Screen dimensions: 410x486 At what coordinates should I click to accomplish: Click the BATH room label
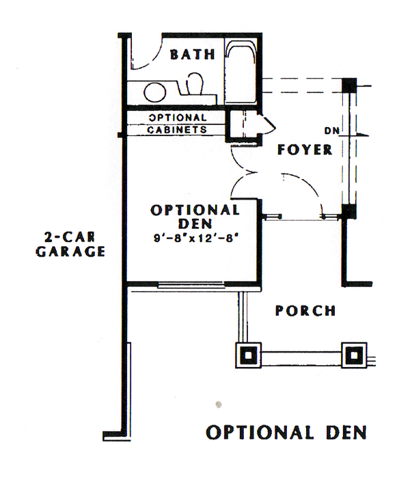tap(193, 55)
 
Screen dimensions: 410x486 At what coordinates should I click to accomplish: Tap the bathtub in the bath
tap(241, 71)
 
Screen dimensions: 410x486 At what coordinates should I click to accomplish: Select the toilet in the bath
tap(195, 83)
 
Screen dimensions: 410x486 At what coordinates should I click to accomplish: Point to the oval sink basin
tap(155, 92)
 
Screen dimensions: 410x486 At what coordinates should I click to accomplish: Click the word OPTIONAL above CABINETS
tap(177, 118)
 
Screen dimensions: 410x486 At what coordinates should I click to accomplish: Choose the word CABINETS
tap(177, 130)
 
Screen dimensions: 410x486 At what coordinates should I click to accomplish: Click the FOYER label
tap(305, 150)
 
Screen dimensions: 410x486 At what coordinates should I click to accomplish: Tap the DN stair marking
tap(331, 131)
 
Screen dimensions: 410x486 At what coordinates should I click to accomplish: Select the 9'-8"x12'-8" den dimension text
tap(197, 239)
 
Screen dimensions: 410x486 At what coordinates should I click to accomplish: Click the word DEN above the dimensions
tap(195, 224)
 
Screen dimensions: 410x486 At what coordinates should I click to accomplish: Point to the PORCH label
tap(305, 310)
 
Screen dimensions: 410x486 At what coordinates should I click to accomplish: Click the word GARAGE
tap(70, 252)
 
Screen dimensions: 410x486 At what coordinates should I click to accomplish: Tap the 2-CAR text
tap(70, 237)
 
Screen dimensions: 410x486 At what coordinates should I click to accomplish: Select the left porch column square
tap(248, 355)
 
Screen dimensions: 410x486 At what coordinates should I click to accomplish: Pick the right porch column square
tap(354, 355)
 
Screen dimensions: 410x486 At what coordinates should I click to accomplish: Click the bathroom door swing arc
tap(152, 61)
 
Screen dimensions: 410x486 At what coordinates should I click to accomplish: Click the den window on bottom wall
tap(191, 284)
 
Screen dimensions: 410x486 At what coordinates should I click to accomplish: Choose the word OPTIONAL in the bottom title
tap(260, 432)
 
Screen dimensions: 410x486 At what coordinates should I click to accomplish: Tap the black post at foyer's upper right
tap(349, 85)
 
